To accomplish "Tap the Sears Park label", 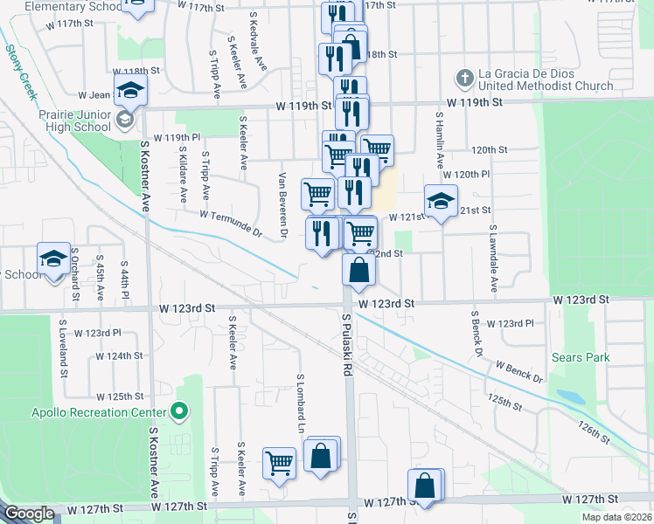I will [581, 357].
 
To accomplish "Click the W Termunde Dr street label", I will [231, 224].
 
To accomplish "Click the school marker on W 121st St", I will [441, 201].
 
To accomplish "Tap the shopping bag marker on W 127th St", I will [424, 486].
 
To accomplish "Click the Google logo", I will [29, 514].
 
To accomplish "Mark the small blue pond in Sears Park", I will [570, 396].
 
